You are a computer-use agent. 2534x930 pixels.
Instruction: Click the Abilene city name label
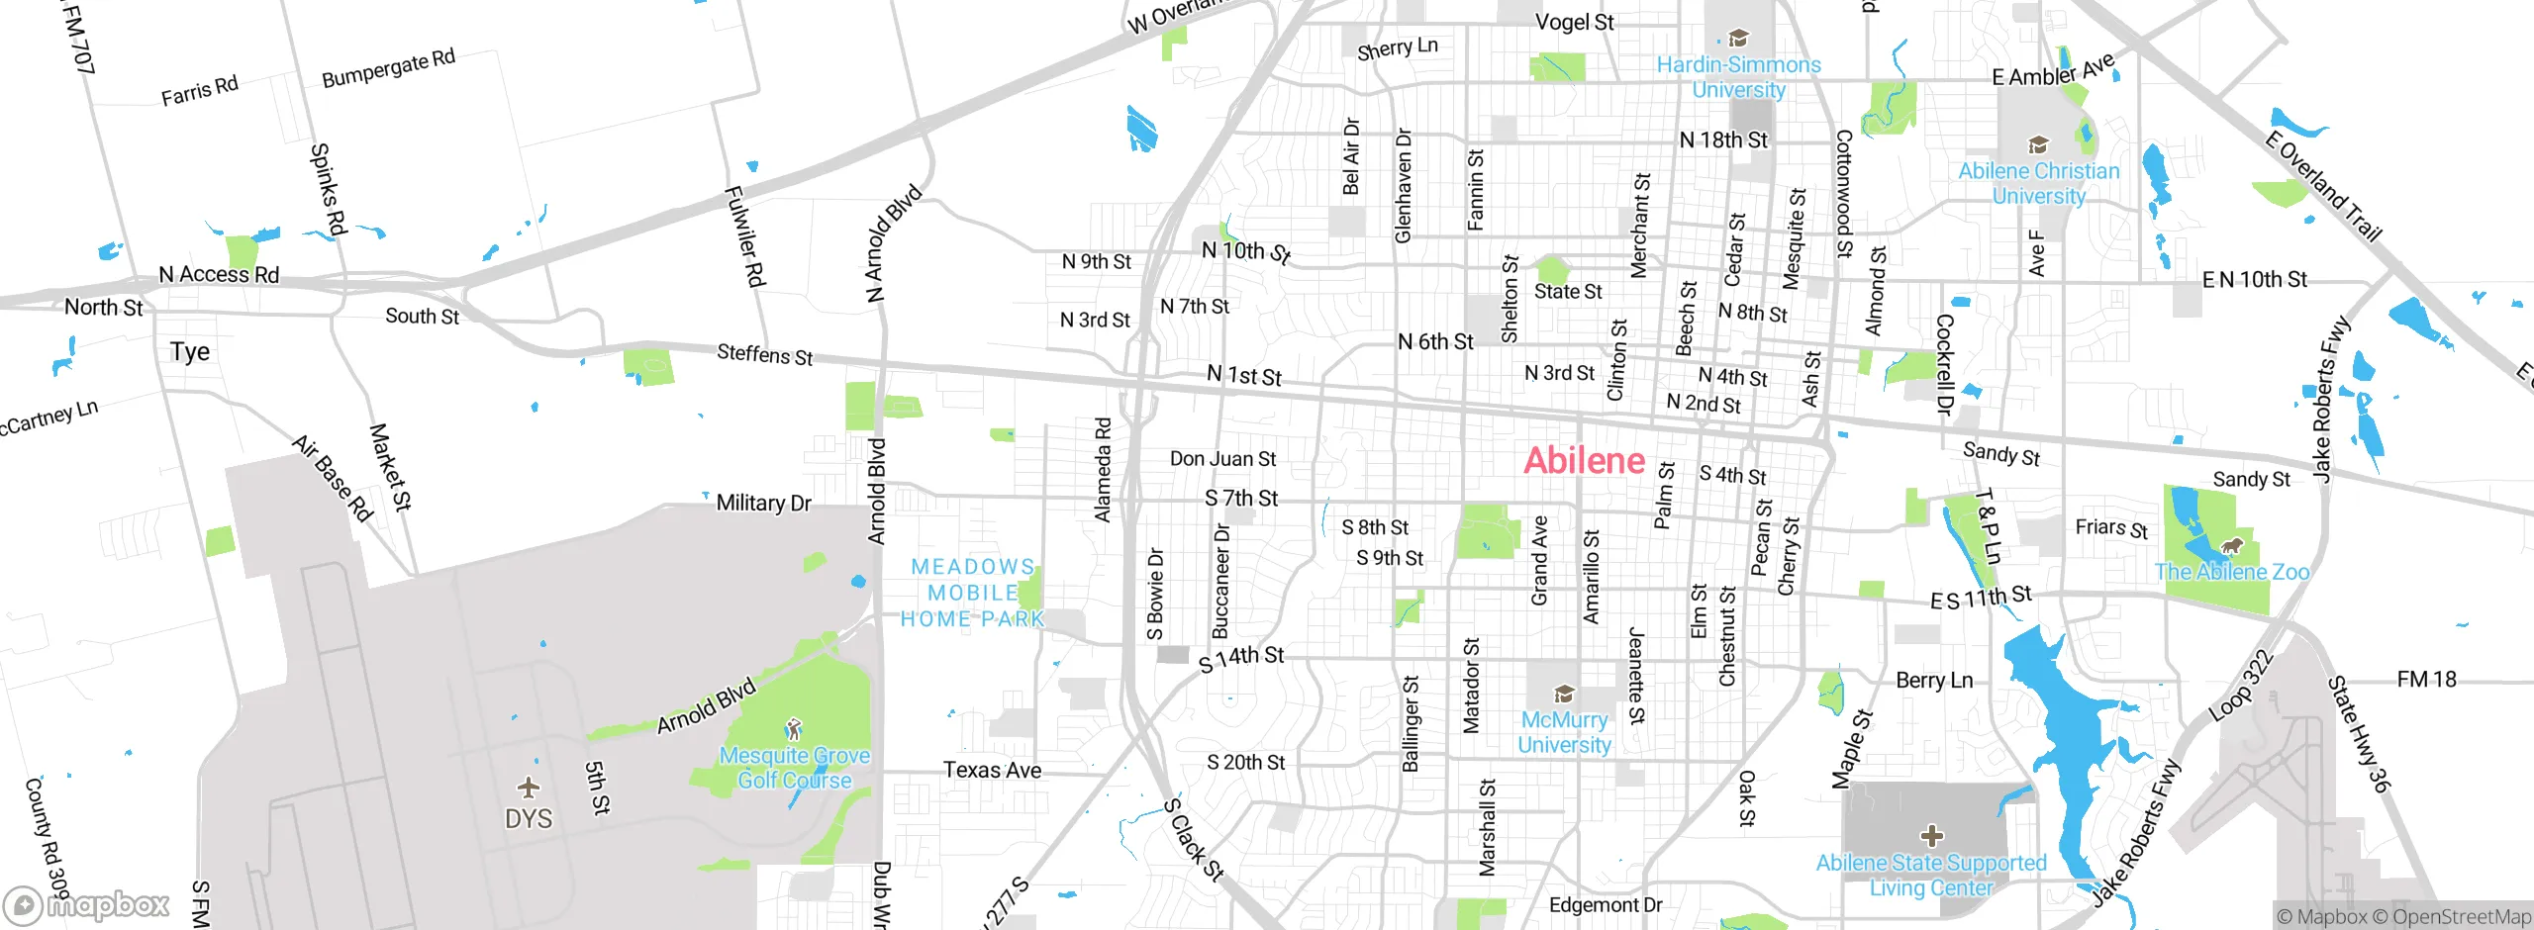tap(1584, 460)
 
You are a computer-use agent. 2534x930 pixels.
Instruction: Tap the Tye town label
tap(189, 352)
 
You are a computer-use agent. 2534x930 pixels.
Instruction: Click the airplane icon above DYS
tap(529, 788)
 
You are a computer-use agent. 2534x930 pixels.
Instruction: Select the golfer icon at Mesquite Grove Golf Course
tap(793, 730)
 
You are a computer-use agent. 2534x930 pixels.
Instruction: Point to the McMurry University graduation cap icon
tap(1564, 693)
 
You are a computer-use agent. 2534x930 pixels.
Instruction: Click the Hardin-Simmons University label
tap(1738, 76)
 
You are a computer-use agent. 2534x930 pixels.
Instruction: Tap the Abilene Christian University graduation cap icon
tap(2037, 144)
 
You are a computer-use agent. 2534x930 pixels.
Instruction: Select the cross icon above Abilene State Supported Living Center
tap(1930, 835)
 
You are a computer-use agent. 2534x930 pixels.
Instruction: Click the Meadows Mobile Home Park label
tap(972, 593)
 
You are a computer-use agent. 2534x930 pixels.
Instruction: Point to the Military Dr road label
tap(763, 503)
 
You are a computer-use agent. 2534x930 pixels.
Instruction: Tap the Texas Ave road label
tap(992, 770)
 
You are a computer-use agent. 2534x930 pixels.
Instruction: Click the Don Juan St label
tap(1222, 459)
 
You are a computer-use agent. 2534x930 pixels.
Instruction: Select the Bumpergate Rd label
tap(388, 67)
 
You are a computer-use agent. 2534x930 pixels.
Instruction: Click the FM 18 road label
tap(2426, 679)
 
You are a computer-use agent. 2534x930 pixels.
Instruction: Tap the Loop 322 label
tap(2240, 686)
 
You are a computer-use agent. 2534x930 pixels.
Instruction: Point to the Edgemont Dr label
tap(1605, 904)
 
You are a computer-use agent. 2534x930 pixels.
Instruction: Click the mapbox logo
tap(87, 904)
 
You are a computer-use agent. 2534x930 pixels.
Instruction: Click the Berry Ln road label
tap(1933, 680)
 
